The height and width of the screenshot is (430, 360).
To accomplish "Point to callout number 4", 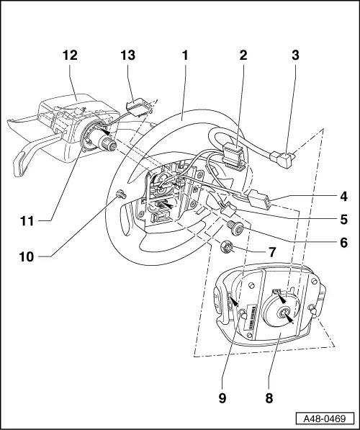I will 345,194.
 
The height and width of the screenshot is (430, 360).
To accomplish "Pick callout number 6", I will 345,243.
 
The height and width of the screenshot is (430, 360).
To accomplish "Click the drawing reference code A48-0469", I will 325,418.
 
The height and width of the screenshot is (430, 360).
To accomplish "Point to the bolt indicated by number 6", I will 234,229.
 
